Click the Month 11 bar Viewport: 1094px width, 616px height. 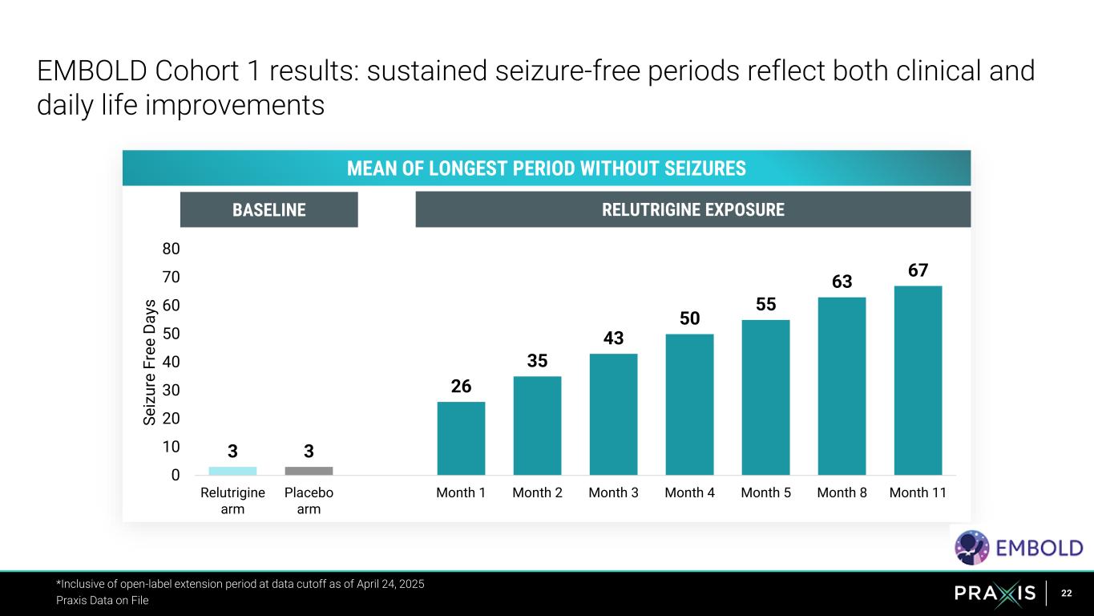(918, 380)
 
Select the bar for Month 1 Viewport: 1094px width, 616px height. (461, 438)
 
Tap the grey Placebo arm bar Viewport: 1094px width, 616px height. (309, 471)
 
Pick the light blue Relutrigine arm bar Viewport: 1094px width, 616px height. (232, 471)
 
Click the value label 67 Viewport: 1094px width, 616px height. (918, 271)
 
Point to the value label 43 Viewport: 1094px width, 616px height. (613, 338)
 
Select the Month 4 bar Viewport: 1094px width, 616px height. (689, 404)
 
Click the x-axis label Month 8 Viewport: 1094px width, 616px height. (842, 493)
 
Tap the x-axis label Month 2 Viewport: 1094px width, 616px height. (537, 493)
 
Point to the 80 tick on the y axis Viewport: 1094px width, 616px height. (171, 249)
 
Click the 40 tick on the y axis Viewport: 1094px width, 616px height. (171, 362)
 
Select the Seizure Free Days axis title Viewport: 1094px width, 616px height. (150, 362)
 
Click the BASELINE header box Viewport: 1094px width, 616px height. (268, 210)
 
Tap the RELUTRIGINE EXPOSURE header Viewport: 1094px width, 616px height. (692, 210)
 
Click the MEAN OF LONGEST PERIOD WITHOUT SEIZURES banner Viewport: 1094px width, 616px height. (546, 168)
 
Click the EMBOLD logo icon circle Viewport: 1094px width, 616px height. (971, 548)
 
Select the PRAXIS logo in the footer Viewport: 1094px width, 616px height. (995, 594)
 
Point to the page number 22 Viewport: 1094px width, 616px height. (1067, 594)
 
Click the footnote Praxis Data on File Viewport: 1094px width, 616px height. (102, 600)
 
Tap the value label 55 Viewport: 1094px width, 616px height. (765, 305)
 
